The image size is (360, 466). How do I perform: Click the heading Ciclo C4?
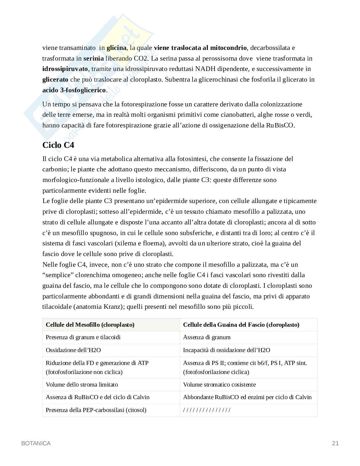coord(58,145)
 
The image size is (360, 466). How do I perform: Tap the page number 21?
coord(335,443)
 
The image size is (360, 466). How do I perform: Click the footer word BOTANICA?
coord(36,443)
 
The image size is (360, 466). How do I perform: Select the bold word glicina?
coord(116,48)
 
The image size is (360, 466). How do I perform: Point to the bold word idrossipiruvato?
coord(65,69)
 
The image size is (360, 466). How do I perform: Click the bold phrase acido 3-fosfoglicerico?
coord(74,90)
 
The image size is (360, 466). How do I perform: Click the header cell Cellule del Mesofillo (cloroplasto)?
coord(90,325)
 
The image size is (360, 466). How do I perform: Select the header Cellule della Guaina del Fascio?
coord(241,325)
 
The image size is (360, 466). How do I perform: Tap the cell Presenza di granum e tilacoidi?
coord(83,337)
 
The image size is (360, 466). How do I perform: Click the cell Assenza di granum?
coord(207,337)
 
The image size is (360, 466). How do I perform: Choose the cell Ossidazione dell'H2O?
coord(73,350)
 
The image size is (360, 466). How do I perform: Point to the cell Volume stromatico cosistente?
coord(220,384)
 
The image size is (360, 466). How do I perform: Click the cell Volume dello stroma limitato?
coord(82,384)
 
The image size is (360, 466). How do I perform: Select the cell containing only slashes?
coord(207,410)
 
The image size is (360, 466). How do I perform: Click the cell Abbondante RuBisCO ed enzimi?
coord(247,397)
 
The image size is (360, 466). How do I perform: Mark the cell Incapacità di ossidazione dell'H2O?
coord(226,350)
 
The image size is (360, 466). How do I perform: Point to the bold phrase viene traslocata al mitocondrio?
coord(200,48)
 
